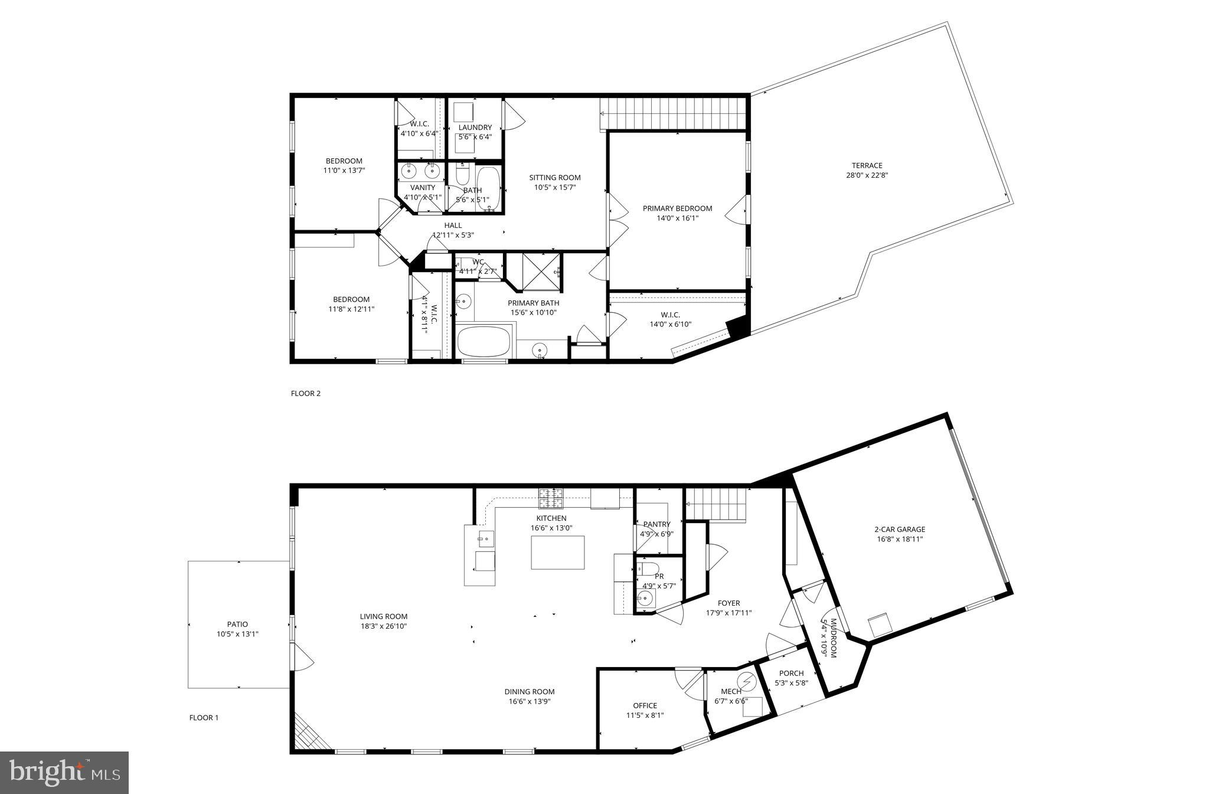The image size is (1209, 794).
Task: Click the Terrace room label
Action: pyautogui.click(x=867, y=165)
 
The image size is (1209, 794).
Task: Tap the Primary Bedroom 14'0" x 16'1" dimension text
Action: pyautogui.click(x=677, y=218)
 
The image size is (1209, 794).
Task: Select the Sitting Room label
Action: pyautogui.click(x=554, y=177)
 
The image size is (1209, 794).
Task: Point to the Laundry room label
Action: pyautogui.click(x=475, y=128)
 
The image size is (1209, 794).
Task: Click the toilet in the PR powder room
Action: pyautogui.click(x=649, y=569)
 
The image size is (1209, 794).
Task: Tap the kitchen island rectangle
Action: pyautogui.click(x=557, y=553)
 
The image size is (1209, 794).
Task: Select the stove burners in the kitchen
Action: pyautogui.click(x=550, y=498)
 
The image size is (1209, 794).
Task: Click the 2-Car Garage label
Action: pyautogui.click(x=900, y=529)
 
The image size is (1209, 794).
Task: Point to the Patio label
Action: pyautogui.click(x=237, y=624)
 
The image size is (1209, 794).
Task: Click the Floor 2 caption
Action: pyautogui.click(x=306, y=393)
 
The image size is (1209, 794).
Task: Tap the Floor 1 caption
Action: pyautogui.click(x=204, y=718)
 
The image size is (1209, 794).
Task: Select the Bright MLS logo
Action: pyautogui.click(x=64, y=773)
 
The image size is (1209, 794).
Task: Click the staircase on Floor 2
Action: pyautogui.click(x=674, y=113)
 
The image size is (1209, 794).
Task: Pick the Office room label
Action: pyautogui.click(x=645, y=705)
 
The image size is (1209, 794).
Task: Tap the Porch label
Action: pyautogui.click(x=791, y=673)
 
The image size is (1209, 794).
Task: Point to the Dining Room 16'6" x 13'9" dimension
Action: pyautogui.click(x=530, y=701)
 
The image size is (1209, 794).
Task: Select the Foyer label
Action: pyautogui.click(x=728, y=603)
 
